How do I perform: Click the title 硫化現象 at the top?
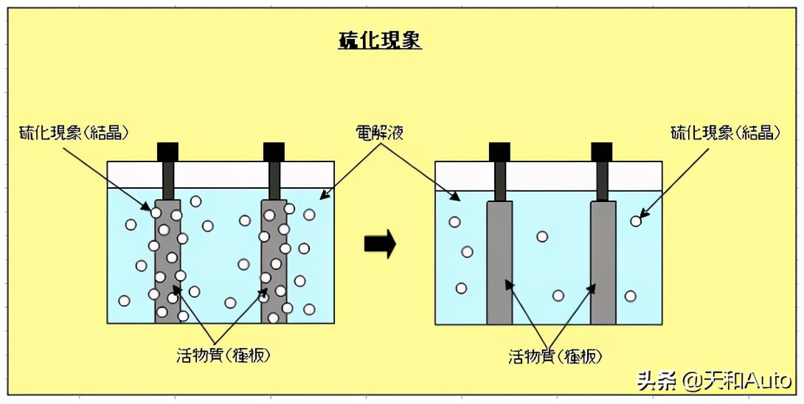tap(380, 41)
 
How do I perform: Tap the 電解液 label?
tap(379, 133)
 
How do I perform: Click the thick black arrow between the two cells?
tap(380, 243)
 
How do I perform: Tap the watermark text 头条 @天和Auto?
tap(714, 381)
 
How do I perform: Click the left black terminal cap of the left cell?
tap(168, 151)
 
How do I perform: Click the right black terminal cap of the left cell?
tap(274, 151)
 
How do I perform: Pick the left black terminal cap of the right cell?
tap(500, 151)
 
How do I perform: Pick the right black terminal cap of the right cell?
tap(603, 151)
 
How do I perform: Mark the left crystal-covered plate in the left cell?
tap(167, 262)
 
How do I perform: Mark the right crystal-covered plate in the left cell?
tap(274, 262)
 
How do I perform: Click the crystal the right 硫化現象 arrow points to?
tap(636, 220)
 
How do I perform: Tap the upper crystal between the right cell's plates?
tap(542, 237)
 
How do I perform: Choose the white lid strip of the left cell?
tap(221, 174)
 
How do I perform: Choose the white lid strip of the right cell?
tap(550, 174)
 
